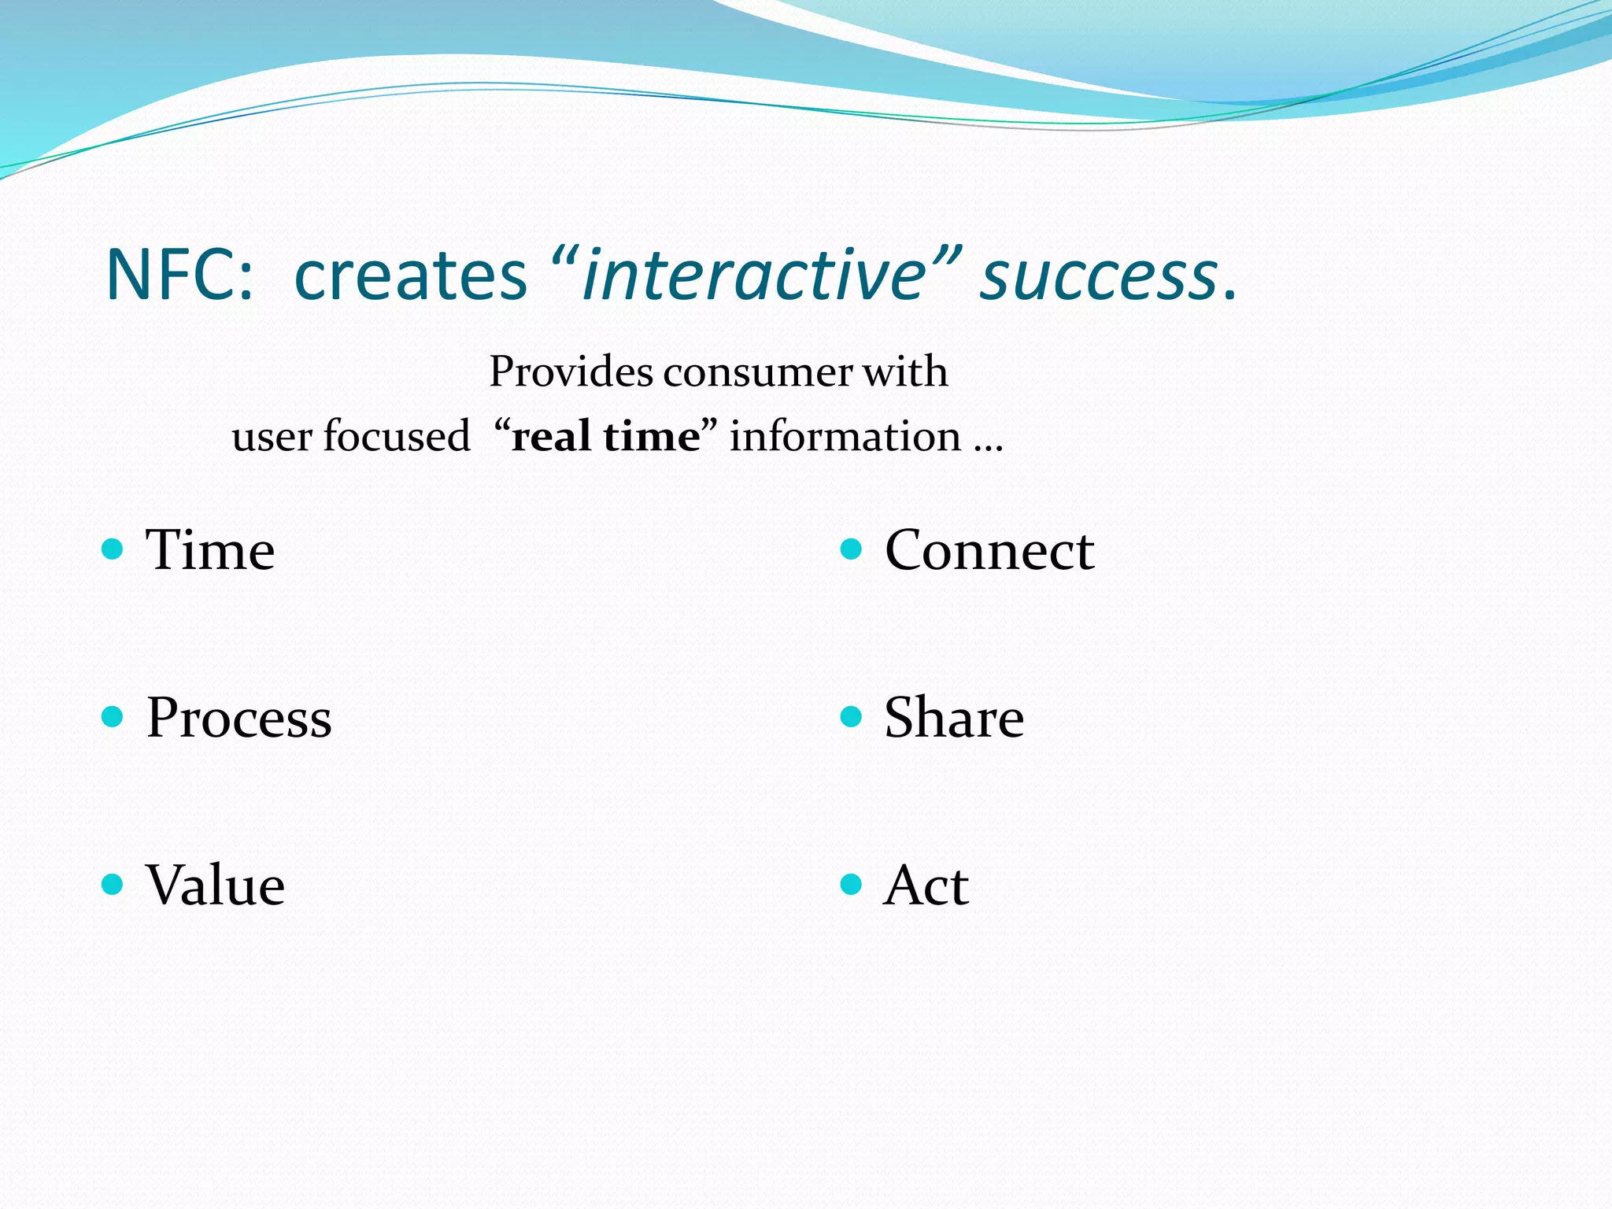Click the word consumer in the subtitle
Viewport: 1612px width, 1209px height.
757,372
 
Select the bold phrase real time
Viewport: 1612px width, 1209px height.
604,436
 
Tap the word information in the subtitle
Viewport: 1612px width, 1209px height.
845,436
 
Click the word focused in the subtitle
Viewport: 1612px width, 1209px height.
396,436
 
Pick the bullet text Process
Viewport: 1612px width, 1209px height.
239,718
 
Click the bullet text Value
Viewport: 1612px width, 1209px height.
215,885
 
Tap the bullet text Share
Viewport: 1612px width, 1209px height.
954,717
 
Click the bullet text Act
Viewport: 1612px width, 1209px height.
926,885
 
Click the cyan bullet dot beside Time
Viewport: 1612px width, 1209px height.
113,549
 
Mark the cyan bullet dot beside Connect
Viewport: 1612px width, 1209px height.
851,549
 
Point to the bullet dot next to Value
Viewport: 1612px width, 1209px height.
113,885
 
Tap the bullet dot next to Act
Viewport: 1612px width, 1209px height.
851,885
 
